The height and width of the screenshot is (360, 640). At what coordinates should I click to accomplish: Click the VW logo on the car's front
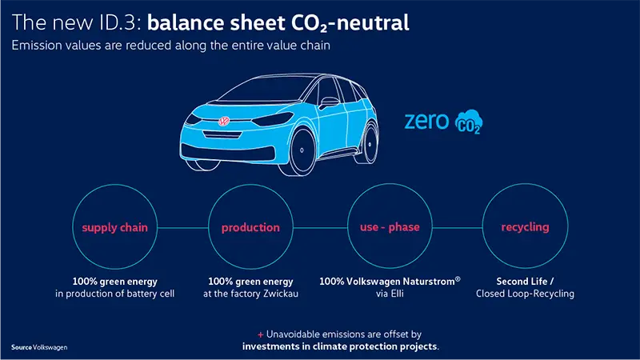pos(224,121)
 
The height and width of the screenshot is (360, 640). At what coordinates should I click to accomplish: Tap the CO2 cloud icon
pos(469,122)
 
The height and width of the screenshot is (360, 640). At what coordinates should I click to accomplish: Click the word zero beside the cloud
pos(426,122)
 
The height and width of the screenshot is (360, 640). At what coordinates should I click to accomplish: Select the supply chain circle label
pos(114,227)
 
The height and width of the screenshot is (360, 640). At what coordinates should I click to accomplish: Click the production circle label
pos(250,227)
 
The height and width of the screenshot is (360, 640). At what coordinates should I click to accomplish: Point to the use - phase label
pos(390,227)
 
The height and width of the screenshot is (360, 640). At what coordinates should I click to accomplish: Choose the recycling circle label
pos(525,227)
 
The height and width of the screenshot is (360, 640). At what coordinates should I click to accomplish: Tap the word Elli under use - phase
pos(395,294)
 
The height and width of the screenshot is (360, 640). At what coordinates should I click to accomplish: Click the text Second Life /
pos(525,282)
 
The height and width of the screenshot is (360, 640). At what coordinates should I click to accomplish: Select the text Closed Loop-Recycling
pos(525,294)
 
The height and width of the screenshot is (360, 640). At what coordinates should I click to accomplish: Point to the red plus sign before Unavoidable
pos(261,334)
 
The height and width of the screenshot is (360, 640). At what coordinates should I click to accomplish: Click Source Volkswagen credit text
pos(39,347)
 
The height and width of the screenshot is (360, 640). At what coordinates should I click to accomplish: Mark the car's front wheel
pos(302,150)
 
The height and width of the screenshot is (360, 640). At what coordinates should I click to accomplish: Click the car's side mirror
pos(329,102)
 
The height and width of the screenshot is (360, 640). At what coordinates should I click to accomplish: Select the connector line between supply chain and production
pos(183,228)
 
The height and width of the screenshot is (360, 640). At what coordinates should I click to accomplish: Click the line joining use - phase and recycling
pos(458,228)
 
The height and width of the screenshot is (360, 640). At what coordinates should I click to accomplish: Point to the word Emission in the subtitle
pos(36,45)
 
